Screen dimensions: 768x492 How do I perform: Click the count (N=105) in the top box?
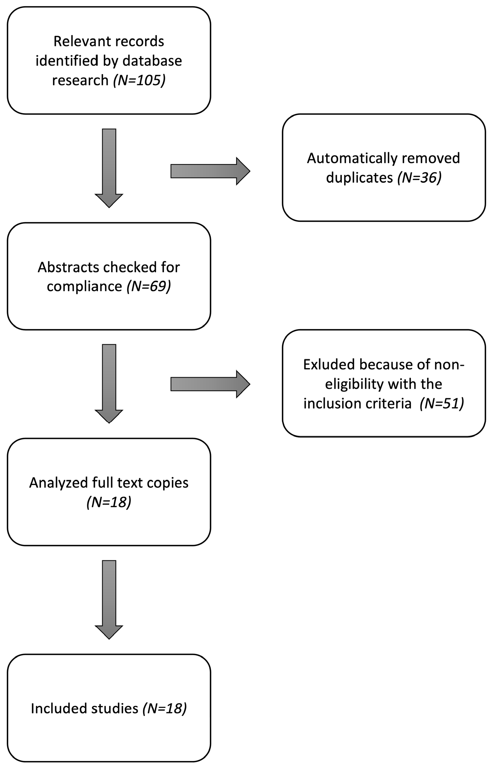(139, 80)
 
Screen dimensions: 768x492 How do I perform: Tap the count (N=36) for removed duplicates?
(419, 178)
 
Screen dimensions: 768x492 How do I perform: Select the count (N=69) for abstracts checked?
(149, 286)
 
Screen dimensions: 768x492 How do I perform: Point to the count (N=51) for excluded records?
(442, 403)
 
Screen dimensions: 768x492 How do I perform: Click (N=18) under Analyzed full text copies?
(109, 502)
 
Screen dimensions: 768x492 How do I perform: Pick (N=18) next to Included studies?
(165, 708)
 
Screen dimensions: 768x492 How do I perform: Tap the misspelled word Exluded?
(329, 364)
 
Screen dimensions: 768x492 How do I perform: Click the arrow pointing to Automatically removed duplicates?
(210, 171)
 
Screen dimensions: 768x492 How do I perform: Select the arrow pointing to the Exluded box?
(210, 384)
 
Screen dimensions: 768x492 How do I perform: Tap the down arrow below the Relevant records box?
(109, 168)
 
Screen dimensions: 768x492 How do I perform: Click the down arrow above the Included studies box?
(109, 599)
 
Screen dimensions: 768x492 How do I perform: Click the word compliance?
(84, 286)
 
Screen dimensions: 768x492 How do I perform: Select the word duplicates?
(359, 178)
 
